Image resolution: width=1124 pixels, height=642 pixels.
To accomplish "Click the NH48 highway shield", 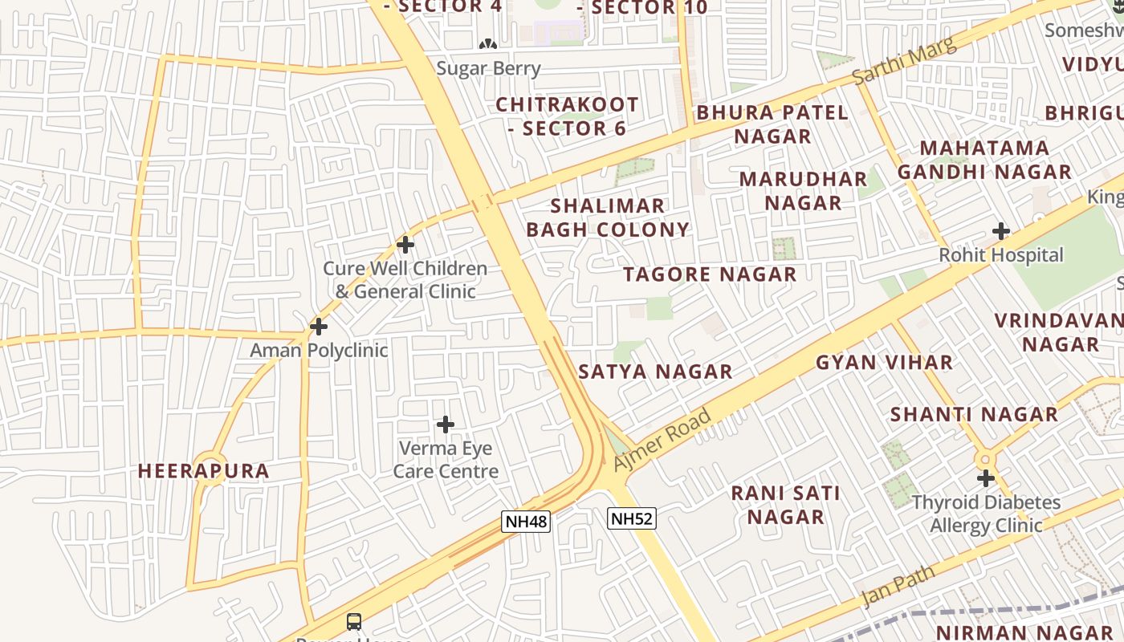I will pyautogui.click(x=526, y=522).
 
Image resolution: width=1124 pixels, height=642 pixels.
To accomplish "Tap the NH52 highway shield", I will pyautogui.click(x=632, y=518).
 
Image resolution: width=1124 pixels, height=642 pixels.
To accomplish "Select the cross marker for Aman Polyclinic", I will pyautogui.click(x=319, y=327).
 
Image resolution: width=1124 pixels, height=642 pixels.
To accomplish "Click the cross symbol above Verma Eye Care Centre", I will pyautogui.click(x=446, y=425).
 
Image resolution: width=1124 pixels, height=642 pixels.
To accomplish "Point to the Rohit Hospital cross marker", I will pyautogui.click(x=1000, y=232).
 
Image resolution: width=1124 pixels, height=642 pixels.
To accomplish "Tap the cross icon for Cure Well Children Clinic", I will pyautogui.click(x=405, y=244).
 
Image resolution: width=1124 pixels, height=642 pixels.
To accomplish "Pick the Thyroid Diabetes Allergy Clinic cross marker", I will pyautogui.click(x=986, y=478).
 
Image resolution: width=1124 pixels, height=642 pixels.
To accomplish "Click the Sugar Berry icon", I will pyautogui.click(x=487, y=44).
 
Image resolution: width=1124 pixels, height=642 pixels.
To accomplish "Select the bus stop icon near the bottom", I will pyautogui.click(x=354, y=621).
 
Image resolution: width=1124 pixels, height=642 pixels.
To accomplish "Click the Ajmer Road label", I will pyautogui.click(x=662, y=440).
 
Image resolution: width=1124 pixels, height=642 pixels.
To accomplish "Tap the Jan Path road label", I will pyautogui.click(x=898, y=587).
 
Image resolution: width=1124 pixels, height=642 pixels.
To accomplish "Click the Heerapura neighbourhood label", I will pyautogui.click(x=204, y=471).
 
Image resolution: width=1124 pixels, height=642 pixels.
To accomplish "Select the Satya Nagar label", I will pyautogui.click(x=655, y=372).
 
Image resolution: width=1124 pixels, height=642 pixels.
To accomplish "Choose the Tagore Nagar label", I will pyautogui.click(x=710, y=274).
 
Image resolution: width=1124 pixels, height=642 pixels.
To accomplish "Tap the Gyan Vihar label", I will pyautogui.click(x=884, y=363).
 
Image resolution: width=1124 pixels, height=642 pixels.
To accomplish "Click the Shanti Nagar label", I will pyautogui.click(x=974, y=415).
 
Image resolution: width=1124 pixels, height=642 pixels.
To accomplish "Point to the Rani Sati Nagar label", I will pyautogui.click(x=785, y=505).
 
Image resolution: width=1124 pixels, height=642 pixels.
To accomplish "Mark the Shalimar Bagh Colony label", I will pyautogui.click(x=608, y=217).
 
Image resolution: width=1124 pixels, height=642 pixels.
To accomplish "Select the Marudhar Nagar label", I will pyautogui.click(x=803, y=190).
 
